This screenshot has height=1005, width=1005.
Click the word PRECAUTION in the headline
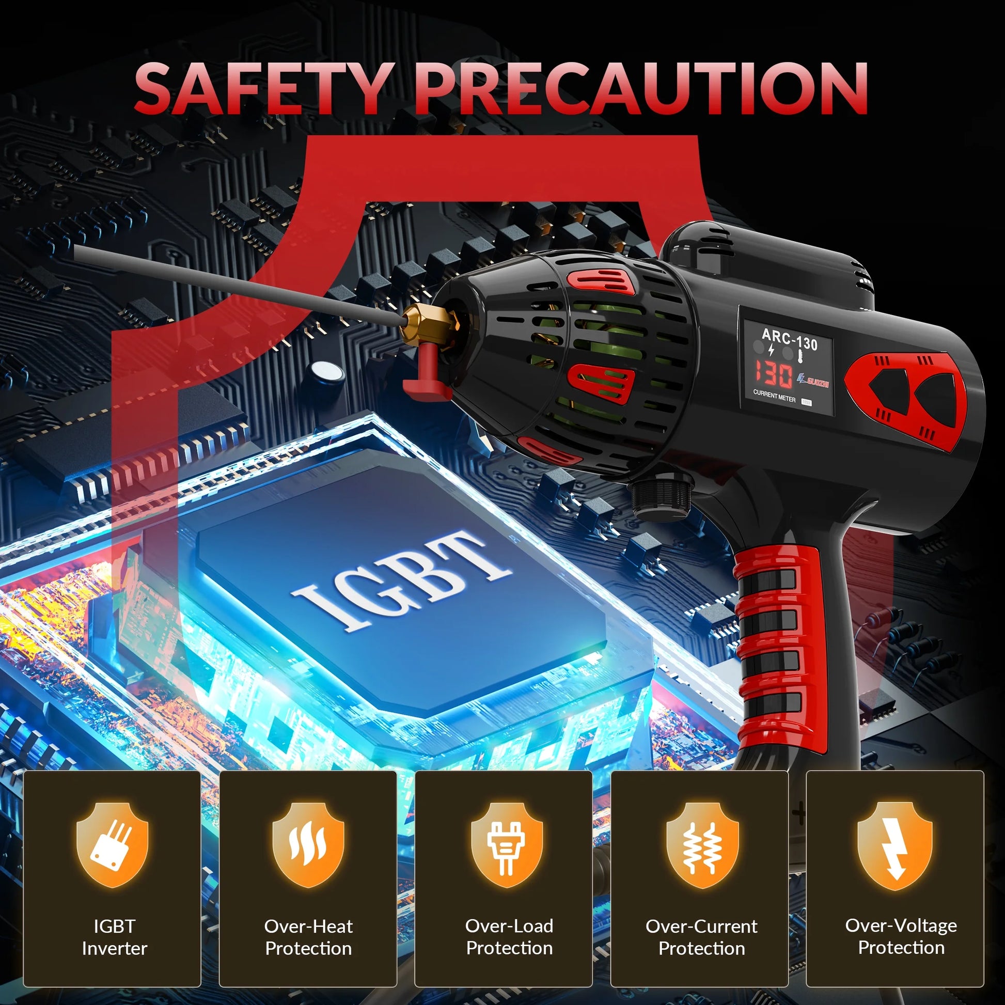click(641, 88)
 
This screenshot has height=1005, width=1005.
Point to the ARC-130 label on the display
click(789, 340)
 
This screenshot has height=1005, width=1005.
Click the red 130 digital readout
click(774, 374)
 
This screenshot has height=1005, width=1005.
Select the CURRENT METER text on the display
click(774, 397)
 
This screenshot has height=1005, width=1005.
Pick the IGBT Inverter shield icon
click(113, 844)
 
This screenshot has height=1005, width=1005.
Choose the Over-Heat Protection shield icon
click(308, 844)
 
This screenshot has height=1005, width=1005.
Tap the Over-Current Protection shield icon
click(702, 844)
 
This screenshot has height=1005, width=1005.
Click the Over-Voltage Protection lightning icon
click(895, 844)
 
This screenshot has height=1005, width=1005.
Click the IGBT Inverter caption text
click(115, 937)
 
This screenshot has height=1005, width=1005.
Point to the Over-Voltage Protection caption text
click(901, 936)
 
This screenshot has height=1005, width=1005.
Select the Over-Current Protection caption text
click(702, 937)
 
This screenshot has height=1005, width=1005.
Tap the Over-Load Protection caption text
click(509, 937)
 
